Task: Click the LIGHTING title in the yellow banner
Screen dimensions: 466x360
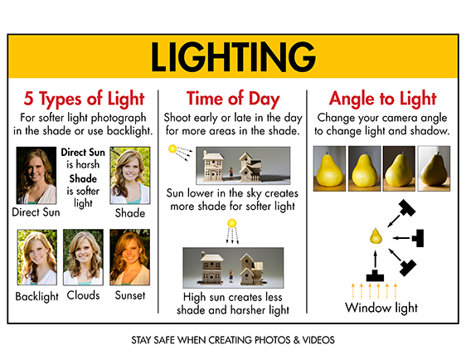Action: click(x=233, y=56)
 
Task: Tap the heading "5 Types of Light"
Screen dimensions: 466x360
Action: click(x=84, y=99)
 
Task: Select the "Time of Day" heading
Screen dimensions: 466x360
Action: click(x=233, y=99)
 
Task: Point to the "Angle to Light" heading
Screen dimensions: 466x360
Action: click(x=383, y=99)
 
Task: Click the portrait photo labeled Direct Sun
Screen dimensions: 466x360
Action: click(x=36, y=175)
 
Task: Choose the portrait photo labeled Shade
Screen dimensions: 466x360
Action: click(x=130, y=175)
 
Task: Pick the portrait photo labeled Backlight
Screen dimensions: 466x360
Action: click(x=37, y=257)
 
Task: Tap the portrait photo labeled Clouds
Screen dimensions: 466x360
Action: click(x=83, y=257)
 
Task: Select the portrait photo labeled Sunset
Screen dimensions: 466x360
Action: click(x=130, y=257)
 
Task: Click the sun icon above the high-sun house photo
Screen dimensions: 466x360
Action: click(x=232, y=223)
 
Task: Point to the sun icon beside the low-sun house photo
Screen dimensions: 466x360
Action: click(x=172, y=148)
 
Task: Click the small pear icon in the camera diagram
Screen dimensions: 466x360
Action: click(x=376, y=236)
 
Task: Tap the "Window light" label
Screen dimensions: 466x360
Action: click(x=381, y=308)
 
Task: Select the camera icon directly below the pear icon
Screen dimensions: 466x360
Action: click(x=375, y=275)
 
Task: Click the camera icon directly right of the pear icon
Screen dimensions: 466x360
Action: click(x=418, y=238)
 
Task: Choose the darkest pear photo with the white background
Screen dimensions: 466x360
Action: click(x=434, y=168)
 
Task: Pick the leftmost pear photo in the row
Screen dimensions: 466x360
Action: click(x=329, y=168)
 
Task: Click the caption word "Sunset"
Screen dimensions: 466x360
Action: click(x=130, y=295)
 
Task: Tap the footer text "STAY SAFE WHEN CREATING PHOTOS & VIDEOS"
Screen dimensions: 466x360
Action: click(x=233, y=340)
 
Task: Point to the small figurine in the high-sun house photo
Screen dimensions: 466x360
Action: click(x=231, y=276)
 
